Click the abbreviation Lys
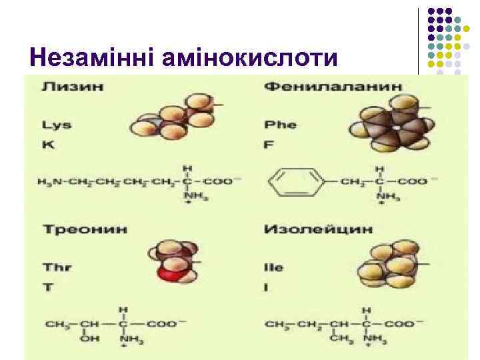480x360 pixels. point(57,125)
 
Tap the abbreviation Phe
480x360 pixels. point(280,125)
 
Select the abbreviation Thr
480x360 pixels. point(57,267)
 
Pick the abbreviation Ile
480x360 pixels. point(274,267)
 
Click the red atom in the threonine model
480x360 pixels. point(173,271)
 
